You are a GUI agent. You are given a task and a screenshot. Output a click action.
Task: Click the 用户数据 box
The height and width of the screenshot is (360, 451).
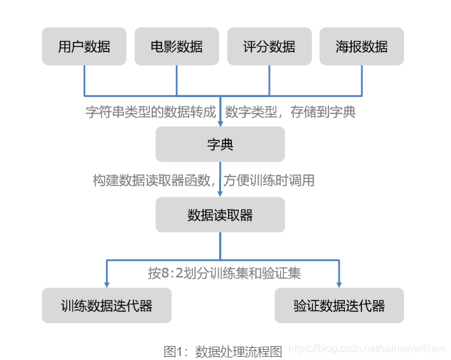click(84, 46)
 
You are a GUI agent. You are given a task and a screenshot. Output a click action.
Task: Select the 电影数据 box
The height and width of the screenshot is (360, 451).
click(177, 46)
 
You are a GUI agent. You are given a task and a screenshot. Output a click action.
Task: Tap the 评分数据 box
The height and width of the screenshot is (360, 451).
click(269, 46)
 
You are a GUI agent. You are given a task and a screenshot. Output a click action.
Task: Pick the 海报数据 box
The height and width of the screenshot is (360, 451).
click(362, 46)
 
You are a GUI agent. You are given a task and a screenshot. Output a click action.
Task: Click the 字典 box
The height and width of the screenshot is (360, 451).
click(220, 144)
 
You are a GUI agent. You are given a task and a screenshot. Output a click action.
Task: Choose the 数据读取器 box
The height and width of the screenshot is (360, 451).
click(220, 215)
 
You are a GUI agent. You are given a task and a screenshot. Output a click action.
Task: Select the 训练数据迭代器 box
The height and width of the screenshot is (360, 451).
click(107, 305)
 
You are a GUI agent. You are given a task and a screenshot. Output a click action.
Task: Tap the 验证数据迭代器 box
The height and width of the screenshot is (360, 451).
click(339, 305)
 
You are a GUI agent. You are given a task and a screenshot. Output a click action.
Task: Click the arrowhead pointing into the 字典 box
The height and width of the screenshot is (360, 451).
click(220, 122)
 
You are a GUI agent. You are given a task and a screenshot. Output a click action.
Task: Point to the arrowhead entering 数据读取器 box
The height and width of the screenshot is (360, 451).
click(220, 193)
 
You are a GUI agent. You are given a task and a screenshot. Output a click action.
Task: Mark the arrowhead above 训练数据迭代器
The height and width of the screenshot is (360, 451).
click(107, 283)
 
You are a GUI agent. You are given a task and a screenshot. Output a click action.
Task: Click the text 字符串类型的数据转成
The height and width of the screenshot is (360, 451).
click(151, 112)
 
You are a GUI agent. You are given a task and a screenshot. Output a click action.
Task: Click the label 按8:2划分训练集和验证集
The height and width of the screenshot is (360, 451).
click(224, 274)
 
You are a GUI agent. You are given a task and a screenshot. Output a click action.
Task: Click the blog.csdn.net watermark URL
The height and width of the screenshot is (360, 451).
click(367, 349)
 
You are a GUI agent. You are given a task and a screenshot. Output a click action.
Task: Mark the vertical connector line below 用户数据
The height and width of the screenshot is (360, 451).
click(84, 80)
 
